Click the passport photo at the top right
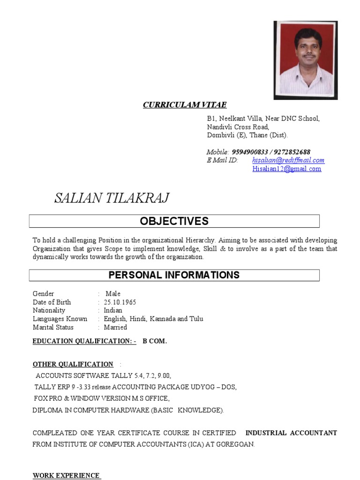pos(305,60)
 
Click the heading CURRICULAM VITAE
pos(185,105)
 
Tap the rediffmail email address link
pos(288,160)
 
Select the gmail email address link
pos(287,169)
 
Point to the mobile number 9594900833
pos(250,152)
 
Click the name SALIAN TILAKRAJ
pos(112,198)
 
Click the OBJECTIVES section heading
pos(174,221)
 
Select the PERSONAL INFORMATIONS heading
pos(174,275)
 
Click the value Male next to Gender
pos(113,293)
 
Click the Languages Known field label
pos(60,319)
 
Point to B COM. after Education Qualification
pos(155,341)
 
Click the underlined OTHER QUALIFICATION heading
pos(73,364)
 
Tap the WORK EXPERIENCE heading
pos(66,475)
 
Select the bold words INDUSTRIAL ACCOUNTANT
pos(291,433)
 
